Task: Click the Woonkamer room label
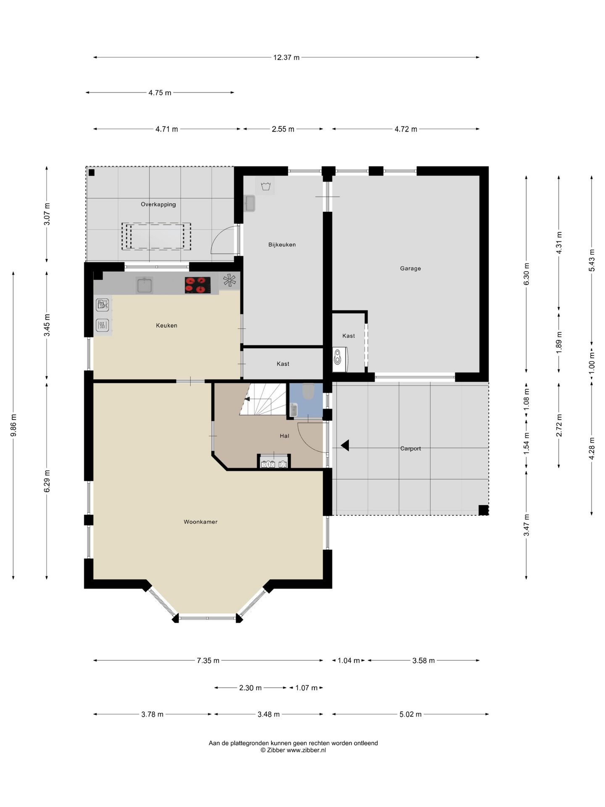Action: click(x=200, y=522)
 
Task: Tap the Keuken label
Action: click(x=166, y=325)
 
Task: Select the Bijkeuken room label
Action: click(x=282, y=245)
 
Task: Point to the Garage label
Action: click(x=410, y=269)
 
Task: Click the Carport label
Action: click(x=410, y=448)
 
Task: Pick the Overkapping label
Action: click(x=158, y=205)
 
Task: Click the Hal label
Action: click(x=284, y=436)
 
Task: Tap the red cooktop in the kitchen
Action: click(x=197, y=285)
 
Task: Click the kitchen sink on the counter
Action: click(x=144, y=285)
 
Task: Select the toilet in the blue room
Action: click(x=308, y=391)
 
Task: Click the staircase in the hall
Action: click(x=263, y=399)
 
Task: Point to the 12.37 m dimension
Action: click(x=286, y=58)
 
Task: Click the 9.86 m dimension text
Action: click(x=13, y=425)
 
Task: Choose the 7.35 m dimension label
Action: click(x=208, y=660)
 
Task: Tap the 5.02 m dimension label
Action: click(x=410, y=714)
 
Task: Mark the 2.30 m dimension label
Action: click(x=250, y=688)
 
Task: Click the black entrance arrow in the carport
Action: click(x=345, y=445)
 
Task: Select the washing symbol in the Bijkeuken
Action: click(x=265, y=186)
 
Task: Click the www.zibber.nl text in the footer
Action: click(x=306, y=750)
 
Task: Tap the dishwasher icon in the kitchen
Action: click(x=103, y=304)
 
